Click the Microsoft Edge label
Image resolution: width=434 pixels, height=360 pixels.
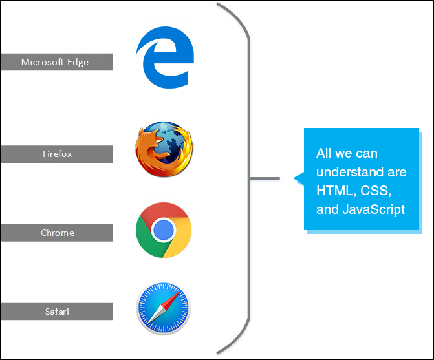[56, 62]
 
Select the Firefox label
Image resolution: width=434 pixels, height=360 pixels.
[56, 154]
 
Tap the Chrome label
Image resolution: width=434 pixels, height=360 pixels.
[56, 233]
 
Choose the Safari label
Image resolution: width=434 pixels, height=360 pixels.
[56, 312]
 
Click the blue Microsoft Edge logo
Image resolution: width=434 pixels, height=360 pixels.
[164, 58]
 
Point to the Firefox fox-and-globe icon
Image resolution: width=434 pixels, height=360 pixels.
[164, 149]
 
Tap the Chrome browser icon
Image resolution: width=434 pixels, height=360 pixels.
[164, 230]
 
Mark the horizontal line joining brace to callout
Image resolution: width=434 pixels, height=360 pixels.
[265, 178]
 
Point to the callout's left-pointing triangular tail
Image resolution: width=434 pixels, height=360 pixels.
[299, 178]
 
